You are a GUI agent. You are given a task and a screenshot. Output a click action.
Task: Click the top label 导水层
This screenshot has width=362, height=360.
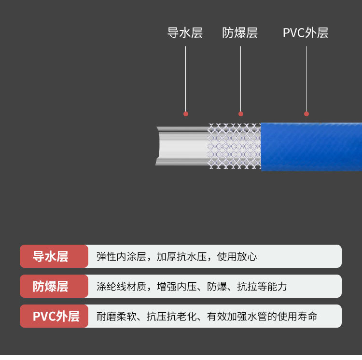[x=184, y=33]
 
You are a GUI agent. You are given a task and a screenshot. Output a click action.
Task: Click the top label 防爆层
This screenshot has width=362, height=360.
[x=240, y=33]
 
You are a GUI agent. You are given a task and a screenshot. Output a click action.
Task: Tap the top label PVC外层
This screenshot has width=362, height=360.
[x=306, y=33]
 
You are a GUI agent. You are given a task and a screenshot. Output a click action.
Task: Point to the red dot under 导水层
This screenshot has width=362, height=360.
[x=186, y=114]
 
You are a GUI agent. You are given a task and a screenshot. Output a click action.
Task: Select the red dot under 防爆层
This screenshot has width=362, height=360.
[x=241, y=114]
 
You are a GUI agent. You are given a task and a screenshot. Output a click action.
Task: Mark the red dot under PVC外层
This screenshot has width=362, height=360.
[x=306, y=114]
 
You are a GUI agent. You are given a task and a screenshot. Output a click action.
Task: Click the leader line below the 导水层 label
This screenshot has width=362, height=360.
[x=186, y=77]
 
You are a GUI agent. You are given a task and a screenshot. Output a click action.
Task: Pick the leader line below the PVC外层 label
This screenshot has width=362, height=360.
[x=306, y=77]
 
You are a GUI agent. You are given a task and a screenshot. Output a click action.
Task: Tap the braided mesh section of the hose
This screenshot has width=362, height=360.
[x=234, y=146]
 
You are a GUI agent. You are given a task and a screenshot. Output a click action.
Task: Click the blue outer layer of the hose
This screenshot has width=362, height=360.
[x=311, y=147]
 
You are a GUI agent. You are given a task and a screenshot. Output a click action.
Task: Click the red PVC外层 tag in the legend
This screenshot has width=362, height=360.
[x=54, y=316]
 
